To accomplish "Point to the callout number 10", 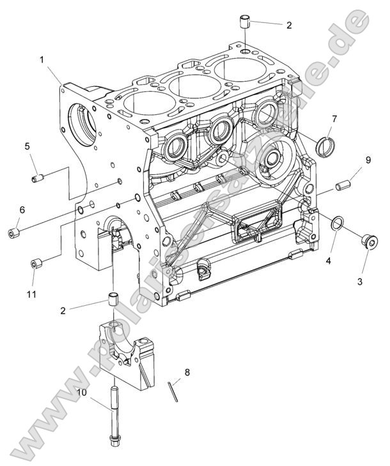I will point(82,393).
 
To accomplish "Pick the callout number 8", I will point(187,372).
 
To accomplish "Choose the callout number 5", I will point(27,146).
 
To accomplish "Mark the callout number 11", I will point(31,294).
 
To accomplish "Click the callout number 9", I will point(368,159).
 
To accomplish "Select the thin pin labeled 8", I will point(172,391).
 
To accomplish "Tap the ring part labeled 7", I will point(325,146).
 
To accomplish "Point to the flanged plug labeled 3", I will point(368,241).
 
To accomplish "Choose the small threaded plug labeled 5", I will point(38,177).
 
